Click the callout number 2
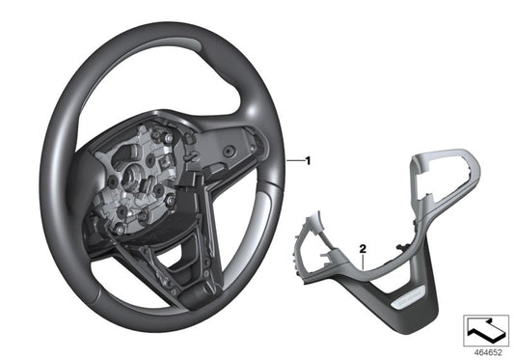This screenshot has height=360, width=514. (x=361, y=247)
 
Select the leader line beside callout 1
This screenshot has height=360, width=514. (x=294, y=157)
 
